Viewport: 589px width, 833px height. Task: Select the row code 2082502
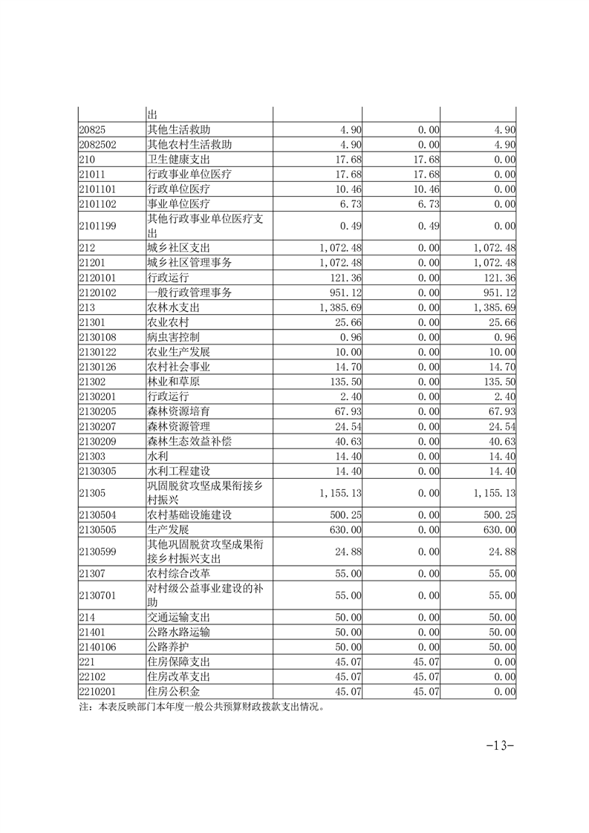(99, 144)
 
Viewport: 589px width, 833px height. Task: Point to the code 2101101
(99, 189)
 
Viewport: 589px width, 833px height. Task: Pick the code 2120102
(99, 292)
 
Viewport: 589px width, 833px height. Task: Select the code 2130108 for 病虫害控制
(99, 336)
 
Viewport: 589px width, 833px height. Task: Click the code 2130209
(99, 440)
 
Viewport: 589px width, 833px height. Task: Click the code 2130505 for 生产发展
(99, 529)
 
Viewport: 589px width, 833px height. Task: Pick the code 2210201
(99, 692)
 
